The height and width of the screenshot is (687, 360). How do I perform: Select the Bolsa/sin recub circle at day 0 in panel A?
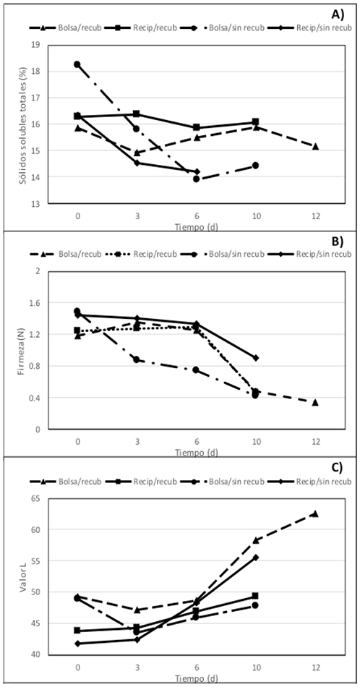tap(77, 64)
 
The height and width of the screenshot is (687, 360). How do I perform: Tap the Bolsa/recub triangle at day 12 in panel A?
tap(315, 147)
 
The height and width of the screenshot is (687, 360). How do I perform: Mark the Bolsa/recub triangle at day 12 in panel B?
tap(315, 402)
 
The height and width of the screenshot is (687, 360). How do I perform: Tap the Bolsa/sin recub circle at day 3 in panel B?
tap(137, 359)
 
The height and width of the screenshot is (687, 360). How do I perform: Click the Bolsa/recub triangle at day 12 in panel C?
tap(315, 513)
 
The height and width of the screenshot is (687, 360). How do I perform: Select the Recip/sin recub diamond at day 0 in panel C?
tap(77, 643)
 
